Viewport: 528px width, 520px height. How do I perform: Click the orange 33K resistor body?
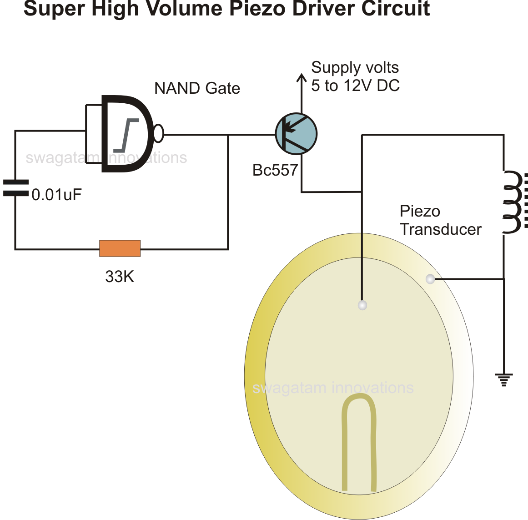120,248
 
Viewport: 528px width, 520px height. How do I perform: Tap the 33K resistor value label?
120,277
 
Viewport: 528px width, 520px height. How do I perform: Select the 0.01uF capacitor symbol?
15,188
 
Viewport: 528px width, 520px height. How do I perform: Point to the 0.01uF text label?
56,195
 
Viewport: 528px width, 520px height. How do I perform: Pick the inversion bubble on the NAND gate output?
158,133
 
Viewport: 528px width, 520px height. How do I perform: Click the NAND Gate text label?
197,88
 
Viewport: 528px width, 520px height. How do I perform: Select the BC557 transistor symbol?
296,134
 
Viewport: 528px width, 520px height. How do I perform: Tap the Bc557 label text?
275,170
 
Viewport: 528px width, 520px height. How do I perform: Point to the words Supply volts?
355,68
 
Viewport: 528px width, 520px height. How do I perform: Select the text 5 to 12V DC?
355,86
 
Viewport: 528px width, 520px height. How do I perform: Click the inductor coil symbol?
513,202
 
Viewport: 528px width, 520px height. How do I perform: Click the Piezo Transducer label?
440,221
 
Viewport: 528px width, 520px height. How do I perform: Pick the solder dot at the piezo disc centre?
362,305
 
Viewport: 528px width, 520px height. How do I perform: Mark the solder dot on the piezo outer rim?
430,279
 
